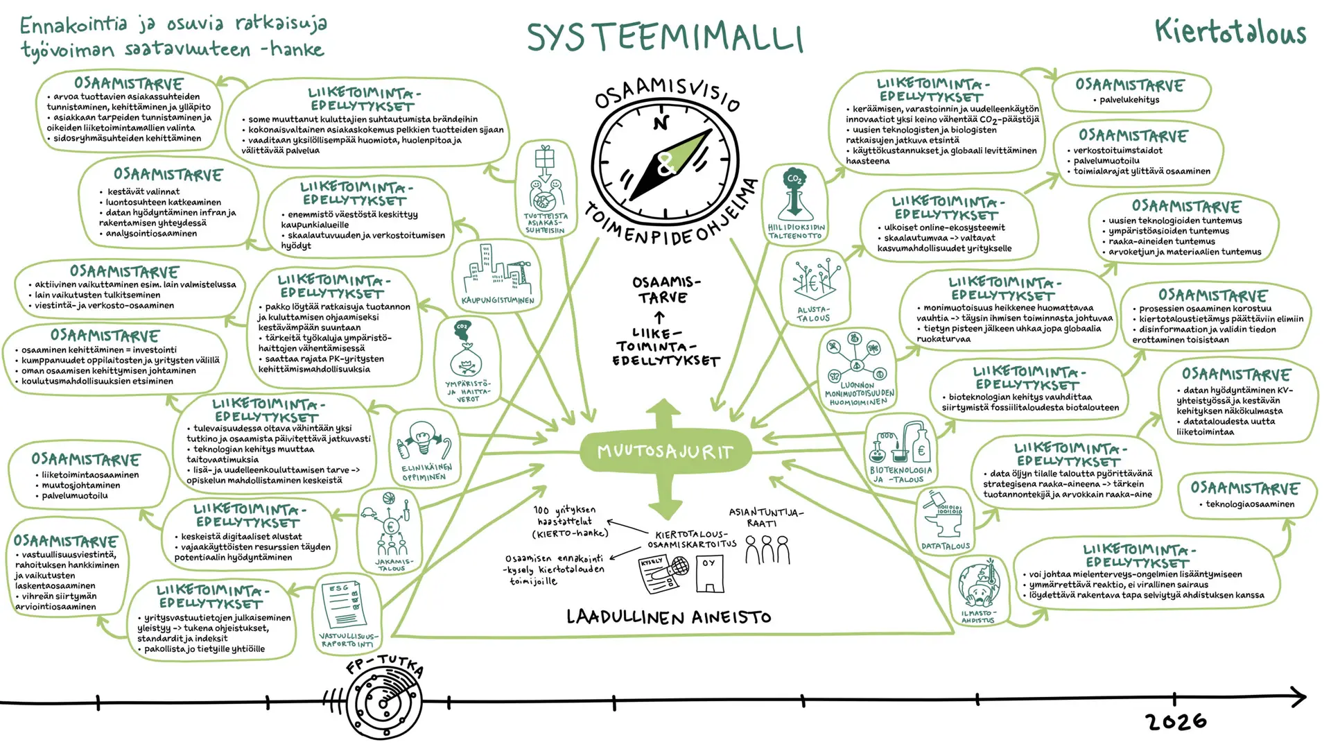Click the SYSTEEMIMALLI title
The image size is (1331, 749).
pyautogui.click(x=664, y=37)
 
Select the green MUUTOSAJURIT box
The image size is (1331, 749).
pyautogui.click(x=665, y=451)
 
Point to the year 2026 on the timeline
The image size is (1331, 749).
pyautogui.click(x=1176, y=722)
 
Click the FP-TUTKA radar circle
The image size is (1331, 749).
pyautogui.click(x=383, y=703)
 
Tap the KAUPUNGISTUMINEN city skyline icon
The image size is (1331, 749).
pyautogui.click(x=497, y=273)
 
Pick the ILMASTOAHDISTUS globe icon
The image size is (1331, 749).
pyautogui.click(x=978, y=586)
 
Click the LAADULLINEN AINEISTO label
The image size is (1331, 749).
pyautogui.click(x=668, y=617)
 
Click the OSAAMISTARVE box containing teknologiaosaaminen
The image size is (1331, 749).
pyautogui.click(x=1246, y=495)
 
